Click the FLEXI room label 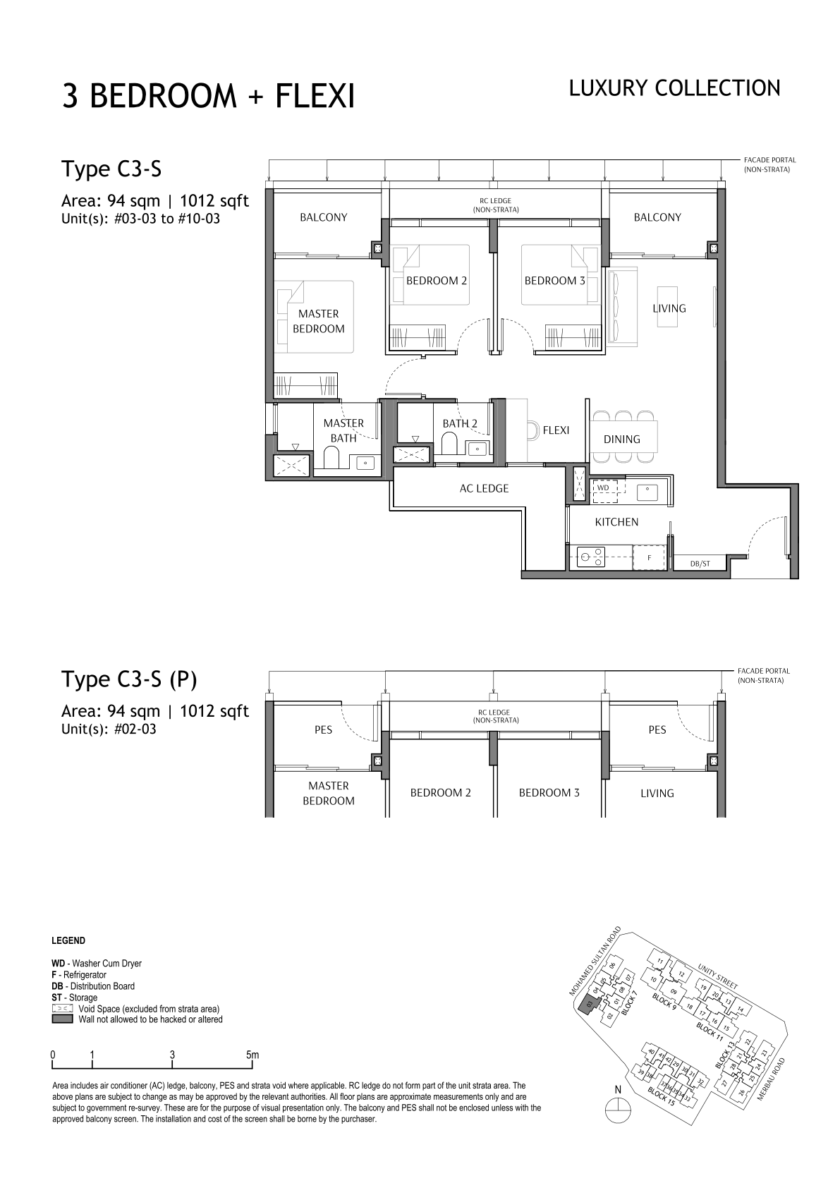pyautogui.click(x=556, y=430)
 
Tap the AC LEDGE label pyautogui.click(x=484, y=488)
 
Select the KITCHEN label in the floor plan pyautogui.click(x=616, y=522)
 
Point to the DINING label pyautogui.click(x=621, y=439)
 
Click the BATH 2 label pyautogui.click(x=460, y=423)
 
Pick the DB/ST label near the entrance pyautogui.click(x=700, y=564)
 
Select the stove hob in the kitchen pyautogui.click(x=592, y=557)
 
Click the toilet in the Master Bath pyautogui.click(x=331, y=456)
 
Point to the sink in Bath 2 pyautogui.click(x=477, y=449)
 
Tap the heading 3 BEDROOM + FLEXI pyautogui.click(x=208, y=97)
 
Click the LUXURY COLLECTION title pyautogui.click(x=674, y=88)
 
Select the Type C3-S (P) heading pyautogui.click(x=129, y=679)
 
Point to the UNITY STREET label pyautogui.click(x=717, y=976)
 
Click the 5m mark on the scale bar pyautogui.click(x=252, y=1055)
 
